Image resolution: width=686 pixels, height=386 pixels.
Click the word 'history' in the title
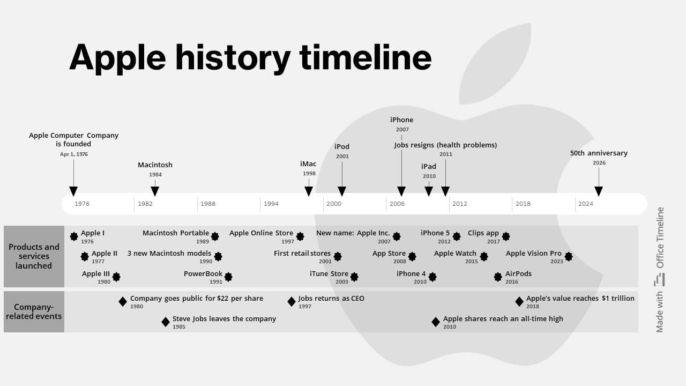[x=233, y=58]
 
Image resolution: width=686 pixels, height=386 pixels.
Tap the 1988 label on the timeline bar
[x=208, y=204]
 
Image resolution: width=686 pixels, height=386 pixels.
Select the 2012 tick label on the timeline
[x=460, y=204]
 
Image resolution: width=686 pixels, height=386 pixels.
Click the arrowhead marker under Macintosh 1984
[x=155, y=191]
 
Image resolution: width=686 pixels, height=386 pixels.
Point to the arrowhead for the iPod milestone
[x=342, y=191]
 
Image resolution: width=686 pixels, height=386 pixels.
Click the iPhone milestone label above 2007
[x=401, y=120]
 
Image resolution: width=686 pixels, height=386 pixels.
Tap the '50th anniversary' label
[x=599, y=153]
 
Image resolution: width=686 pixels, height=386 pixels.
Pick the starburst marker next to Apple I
[x=74, y=236]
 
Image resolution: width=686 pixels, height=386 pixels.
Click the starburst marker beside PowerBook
[x=228, y=277]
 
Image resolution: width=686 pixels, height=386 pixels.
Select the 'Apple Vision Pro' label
[x=533, y=254]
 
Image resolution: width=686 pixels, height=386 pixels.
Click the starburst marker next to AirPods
[x=498, y=277]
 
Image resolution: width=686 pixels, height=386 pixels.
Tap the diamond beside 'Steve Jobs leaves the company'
[x=166, y=322]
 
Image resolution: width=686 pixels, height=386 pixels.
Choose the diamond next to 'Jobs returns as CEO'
[x=292, y=302]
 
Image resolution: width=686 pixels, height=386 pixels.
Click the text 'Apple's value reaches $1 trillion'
[x=580, y=299]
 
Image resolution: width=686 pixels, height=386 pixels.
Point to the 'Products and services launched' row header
[x=34, y=256]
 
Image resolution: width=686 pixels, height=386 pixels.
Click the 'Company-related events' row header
[x=34, y=311]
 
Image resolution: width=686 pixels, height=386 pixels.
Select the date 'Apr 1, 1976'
[x=74, y=154]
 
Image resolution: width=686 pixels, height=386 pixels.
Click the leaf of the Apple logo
[x=495, y=64]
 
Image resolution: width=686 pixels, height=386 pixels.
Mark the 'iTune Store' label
[x=329, y=273]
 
